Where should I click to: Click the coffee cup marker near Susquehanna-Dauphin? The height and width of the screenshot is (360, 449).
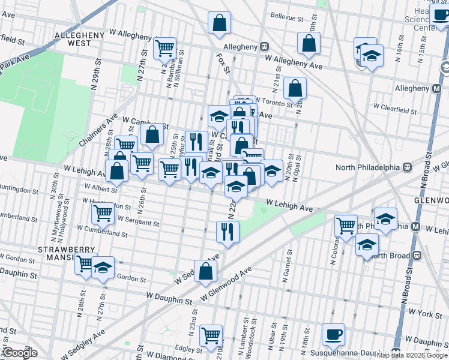click(333, 334)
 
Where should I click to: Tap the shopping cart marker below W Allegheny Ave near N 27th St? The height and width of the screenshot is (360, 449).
click(164, 48)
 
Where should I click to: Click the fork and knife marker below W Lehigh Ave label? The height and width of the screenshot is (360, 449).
click(227, 232)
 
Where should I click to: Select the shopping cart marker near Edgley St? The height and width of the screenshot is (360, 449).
click(211, 336)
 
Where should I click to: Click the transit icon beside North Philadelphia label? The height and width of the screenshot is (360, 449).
click(406, 167)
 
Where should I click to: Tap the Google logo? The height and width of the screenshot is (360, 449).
click(19, 353)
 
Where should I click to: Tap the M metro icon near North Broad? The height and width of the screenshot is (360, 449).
click(416, 227)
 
